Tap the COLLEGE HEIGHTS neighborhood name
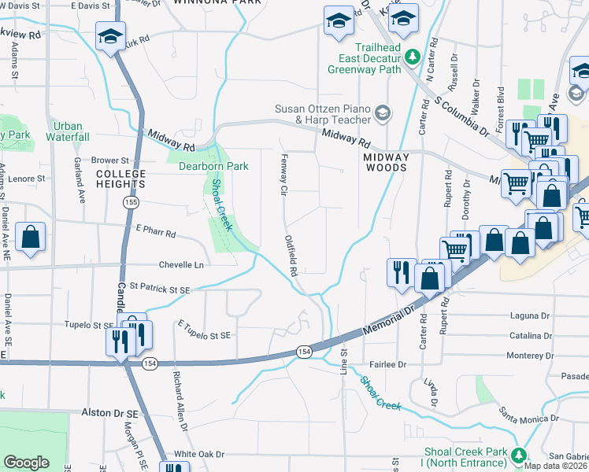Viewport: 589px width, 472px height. click(120, 179)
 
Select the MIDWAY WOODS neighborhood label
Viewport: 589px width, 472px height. click(386, 163)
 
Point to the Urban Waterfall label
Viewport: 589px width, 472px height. click(68, 131)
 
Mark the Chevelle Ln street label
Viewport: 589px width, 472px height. click(181, 265)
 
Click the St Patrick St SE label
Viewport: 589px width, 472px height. click(161, 289)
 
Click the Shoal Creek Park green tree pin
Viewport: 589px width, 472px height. click(518, 455)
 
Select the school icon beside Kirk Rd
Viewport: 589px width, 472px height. click(110, 36)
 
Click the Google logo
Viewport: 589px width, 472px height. click(26, 463)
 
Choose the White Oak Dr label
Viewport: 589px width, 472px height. click(199, 454)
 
